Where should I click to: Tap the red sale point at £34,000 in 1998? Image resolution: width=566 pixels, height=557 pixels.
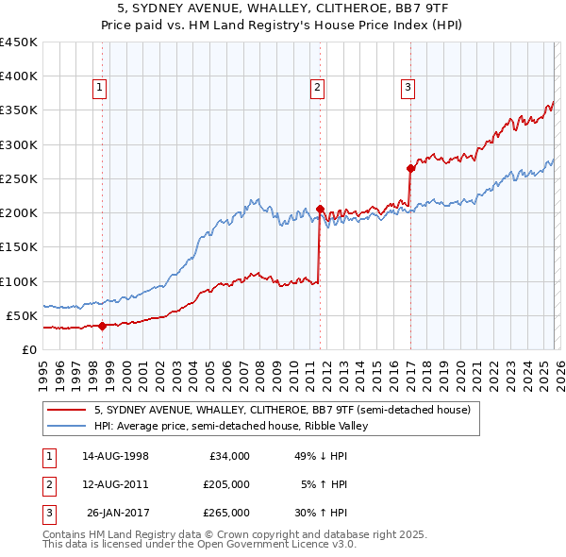tap(102, 327)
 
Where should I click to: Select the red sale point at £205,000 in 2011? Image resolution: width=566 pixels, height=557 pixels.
tap(321, 210)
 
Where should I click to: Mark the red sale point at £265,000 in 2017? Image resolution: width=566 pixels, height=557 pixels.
tap(411, 169)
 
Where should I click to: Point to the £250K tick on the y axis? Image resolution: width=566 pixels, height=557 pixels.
tap(19, 178)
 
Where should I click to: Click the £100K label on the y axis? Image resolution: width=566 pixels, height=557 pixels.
tap(19, 281)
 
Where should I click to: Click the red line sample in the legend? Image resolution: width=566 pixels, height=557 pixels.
tap(66, 410)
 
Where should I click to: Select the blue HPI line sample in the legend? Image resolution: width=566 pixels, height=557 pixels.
tap(66, 426)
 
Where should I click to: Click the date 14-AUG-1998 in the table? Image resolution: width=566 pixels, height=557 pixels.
tap(115, 456)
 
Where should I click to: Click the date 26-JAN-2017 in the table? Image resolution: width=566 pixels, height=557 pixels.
tap(115, 513)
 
